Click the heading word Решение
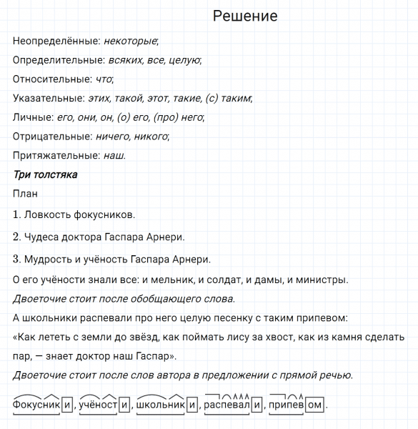245,16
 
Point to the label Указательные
46,98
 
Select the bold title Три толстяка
45,174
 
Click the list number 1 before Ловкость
16,214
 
